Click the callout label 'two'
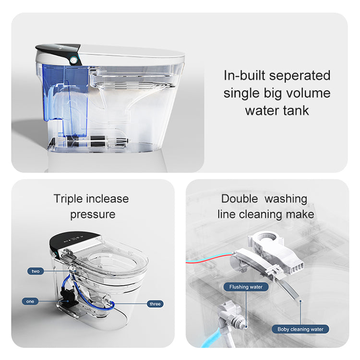coord(36,271)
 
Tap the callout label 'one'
coord(30,301)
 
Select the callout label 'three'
coord(155,304)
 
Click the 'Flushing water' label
coord(246,287)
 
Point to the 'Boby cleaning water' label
coord(300,329)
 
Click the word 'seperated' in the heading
coord(300,76)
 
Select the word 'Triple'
coord(68,199)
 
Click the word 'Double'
coord(240,199)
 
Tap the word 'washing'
coord(286,199)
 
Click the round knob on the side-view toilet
coord(73,60)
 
